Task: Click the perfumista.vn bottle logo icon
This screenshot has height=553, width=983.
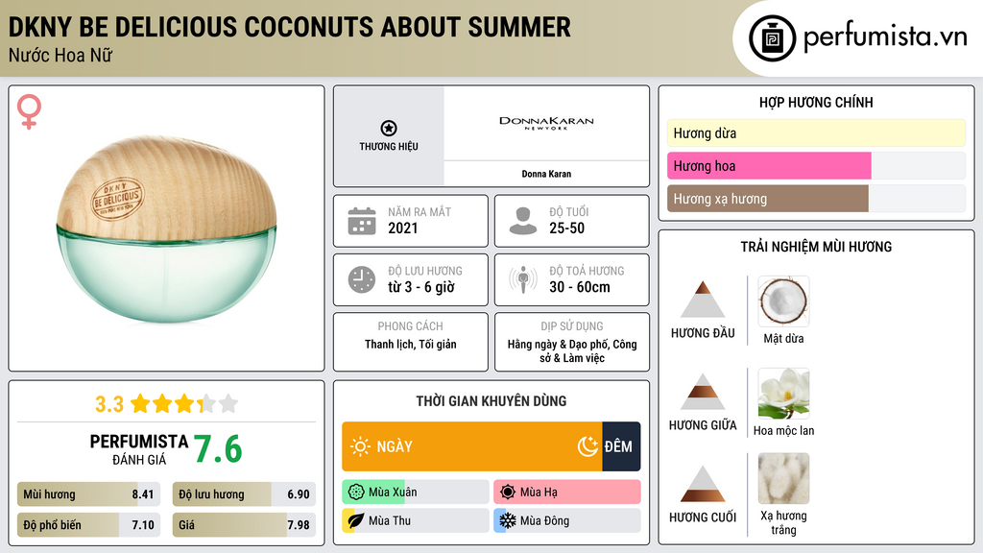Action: tap(773, 38)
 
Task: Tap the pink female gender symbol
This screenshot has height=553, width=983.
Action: tap(30, 113)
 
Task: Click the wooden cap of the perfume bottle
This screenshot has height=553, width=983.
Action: tap(166, 189)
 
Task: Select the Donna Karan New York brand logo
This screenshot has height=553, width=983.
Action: tap(546, 124)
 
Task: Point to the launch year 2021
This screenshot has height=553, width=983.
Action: tap(403, 228)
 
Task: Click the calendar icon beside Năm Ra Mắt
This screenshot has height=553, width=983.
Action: tap(361, 221)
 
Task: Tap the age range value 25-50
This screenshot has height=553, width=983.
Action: tap(566, 228)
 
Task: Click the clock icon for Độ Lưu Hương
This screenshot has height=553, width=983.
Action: tap(361, 279)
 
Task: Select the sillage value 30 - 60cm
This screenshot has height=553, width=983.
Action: tap(579, 287)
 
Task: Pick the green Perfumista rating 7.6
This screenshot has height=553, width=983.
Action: tap(218, 449)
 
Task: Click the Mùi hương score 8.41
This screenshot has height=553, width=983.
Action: tap(143, 494)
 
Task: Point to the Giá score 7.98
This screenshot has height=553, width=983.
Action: tap(299, 525)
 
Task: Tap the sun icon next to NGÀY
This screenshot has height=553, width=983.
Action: tap(360, 446)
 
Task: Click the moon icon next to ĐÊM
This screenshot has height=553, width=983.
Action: tap(587, 446)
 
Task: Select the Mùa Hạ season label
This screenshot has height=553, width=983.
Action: tap(539, 493)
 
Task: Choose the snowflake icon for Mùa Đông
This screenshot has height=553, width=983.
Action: tap(506, 520)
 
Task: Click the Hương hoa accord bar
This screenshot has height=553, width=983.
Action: tap(769, 166)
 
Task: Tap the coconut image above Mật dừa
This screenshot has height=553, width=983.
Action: tap(783, 301)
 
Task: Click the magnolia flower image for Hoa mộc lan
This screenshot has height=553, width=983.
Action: tap(783, 394)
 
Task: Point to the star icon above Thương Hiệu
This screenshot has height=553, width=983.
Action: tap(388, 129)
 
